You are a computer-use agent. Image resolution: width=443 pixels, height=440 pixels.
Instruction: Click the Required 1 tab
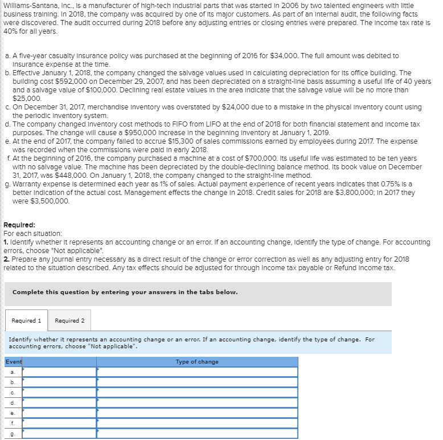pos(26,320)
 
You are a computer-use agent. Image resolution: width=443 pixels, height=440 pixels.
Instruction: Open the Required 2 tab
pos(69,320)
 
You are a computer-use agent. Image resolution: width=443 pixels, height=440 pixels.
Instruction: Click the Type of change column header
pos(196,362)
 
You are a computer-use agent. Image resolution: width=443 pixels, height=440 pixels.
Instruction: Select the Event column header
pos(14,362)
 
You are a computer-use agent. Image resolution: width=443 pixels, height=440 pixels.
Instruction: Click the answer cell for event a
pos(196,372)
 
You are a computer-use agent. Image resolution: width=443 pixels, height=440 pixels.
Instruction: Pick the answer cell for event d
pos(196,402)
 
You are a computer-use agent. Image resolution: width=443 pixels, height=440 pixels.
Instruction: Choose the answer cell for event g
pos(196,433)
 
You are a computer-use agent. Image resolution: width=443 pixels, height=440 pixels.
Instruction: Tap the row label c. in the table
pos(13,392)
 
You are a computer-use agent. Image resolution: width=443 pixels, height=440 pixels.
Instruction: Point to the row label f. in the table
pos(13,423)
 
